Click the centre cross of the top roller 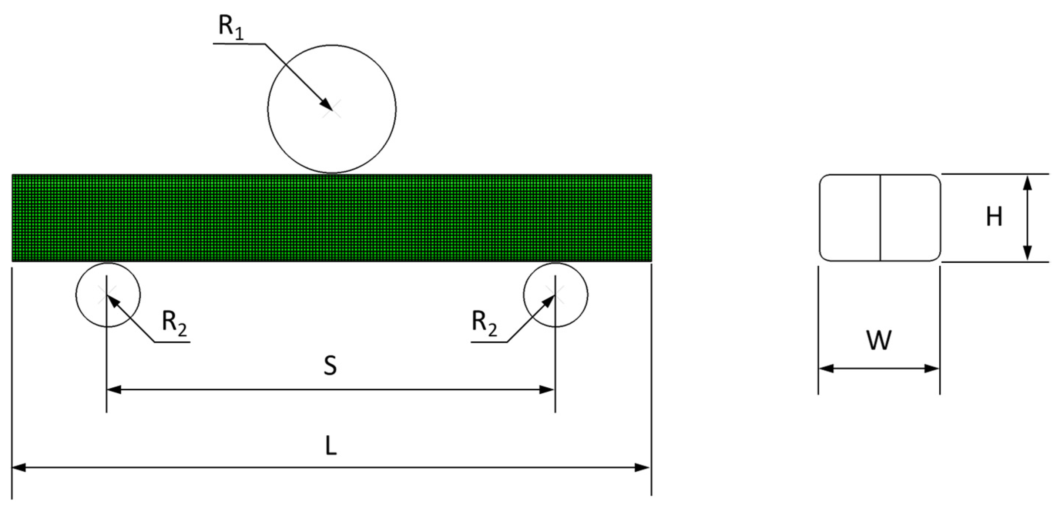coord(332,110)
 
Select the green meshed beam coord(332,218)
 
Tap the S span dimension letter coord(330,365)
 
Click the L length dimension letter coord(331,446)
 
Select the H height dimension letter coord(994,217)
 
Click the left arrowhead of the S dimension coord(114,390)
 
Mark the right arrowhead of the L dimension coord(643,468)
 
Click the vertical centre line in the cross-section coord(880,218)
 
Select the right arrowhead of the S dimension coord(547,390)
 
